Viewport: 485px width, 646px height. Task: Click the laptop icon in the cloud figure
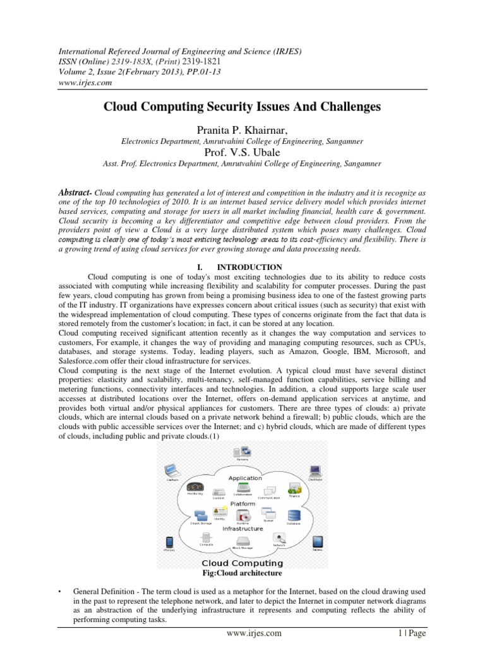tap(169, 470)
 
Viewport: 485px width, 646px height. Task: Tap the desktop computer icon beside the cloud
tap(314, 470)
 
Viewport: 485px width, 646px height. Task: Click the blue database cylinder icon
tap(293, 515)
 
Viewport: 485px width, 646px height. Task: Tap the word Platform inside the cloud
tap(242, 504)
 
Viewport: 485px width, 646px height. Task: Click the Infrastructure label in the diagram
tap(242, 529)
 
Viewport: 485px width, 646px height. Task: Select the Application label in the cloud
tap(245, 478)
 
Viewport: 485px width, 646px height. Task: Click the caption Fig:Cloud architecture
tap(242, 573)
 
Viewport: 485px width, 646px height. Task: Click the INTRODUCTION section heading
tap(243, 267)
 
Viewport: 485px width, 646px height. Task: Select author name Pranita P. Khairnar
tap(242, 129)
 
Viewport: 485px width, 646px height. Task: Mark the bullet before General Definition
tap(59, 592)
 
